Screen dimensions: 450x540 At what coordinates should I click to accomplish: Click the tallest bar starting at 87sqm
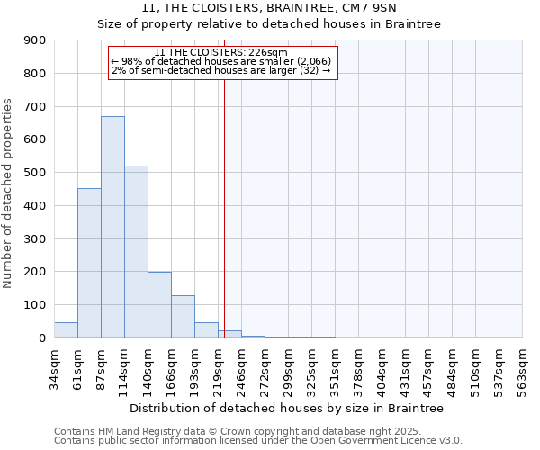[x=112, y=227]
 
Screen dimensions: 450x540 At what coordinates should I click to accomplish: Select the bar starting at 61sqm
[x=89, y=263]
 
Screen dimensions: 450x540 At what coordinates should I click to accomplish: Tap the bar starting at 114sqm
[x=136, y=252]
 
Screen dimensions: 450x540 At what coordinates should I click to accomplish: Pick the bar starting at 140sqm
[x=159, y=305]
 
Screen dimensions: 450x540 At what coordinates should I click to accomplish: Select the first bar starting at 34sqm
[x=66, y=330]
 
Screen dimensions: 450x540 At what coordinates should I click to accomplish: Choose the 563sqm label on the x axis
[x=523, y=369]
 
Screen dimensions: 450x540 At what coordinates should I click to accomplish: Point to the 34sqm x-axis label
[x=55, y=369]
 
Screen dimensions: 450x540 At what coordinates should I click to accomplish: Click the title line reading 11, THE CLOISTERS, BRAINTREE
[x=269, y=8]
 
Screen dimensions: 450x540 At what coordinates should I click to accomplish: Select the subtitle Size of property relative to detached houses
[x=269, y=24]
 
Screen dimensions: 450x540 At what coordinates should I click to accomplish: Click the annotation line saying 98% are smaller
[x=221, y=61]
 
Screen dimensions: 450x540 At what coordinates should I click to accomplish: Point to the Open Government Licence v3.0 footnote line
[x=258, y=441]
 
